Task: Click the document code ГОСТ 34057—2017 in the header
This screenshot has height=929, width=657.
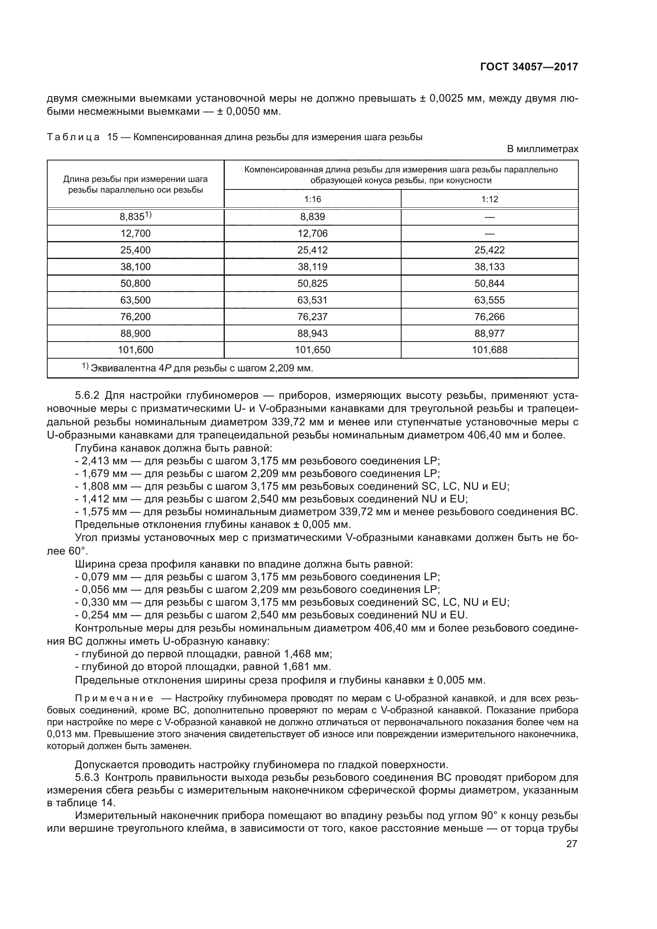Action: click(x=529, y=67)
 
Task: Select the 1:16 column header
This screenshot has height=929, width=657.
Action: click(x=312, y=199)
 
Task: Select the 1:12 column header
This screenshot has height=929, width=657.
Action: click(x=489, y=199)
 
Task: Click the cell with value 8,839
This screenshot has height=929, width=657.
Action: click(x=312, y=217)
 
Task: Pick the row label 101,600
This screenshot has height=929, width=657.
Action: click(x=135, y=350)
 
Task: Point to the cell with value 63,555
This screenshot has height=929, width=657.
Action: click(x=489, y=300)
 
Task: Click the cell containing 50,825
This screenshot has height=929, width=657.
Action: click(x=312, y=283)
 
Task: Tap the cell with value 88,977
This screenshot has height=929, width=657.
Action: click(x=489, y=333)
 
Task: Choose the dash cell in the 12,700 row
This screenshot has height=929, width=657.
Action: click(x=489, y=234)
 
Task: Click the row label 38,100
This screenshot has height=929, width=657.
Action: click(x=135, y=267)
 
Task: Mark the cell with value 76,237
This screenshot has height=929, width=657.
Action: click(x=312, y=317)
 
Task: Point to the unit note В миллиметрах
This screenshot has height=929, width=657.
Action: click(x=543, y=149)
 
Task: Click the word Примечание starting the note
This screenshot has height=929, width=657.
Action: click(x=114, y=698)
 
